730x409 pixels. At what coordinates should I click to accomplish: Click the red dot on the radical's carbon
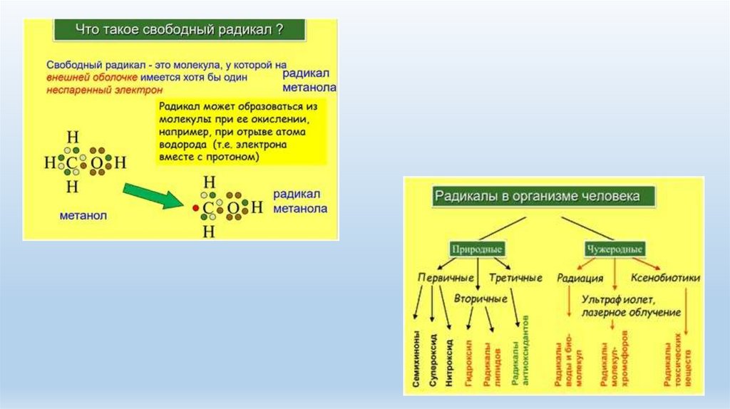[194, 208]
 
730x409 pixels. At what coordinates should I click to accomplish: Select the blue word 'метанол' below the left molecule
[83, 215]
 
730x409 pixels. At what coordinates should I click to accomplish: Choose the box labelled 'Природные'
[477, 249]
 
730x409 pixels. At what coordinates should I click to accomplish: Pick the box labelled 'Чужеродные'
[615, 249]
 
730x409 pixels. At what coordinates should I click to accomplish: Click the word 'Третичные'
[516, 278]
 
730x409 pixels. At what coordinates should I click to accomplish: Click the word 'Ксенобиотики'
[665, 278]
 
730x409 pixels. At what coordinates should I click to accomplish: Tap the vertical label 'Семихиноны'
[416, 359]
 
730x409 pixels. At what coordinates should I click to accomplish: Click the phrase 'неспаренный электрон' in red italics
[105, 90]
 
